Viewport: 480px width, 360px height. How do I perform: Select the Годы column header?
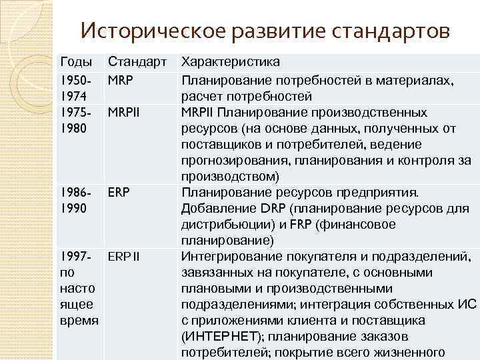click(x=76, y=63)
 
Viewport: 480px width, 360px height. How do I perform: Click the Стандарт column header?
click(x=138, y=63)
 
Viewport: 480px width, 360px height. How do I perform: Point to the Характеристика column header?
click(x=231, y=63)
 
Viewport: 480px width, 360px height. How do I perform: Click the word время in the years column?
click(x=78, y=321)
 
